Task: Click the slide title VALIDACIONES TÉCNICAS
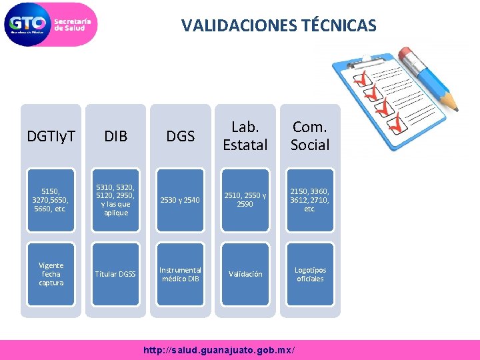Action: coord(279,26)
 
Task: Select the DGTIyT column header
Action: coord(51,137)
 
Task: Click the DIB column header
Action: coord(116,137)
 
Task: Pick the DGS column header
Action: coord(180,137)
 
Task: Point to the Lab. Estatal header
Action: coord(245,135)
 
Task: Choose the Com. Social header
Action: coord(310,135)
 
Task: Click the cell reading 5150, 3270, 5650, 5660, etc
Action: coord(51,199)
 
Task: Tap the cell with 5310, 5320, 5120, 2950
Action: coord(116,199)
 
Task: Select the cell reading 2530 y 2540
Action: coord(180,199)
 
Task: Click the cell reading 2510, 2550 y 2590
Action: coord(245,199)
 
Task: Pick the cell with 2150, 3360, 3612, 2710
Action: coord(310,199)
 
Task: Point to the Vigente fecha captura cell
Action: coord(51,273)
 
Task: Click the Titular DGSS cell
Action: coord(116,273)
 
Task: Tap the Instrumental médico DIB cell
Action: coord(180,273)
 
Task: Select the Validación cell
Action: coord(245,273)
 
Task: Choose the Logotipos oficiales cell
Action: coord(310,273)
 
